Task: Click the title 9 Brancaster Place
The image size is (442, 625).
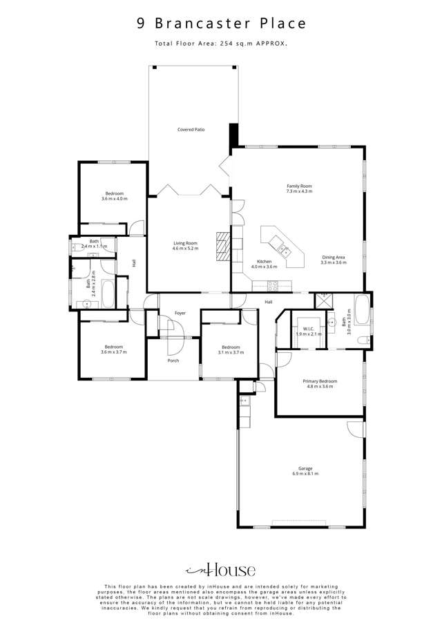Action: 221,23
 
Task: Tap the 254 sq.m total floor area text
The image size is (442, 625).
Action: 221,44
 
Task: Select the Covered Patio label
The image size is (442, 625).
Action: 191,129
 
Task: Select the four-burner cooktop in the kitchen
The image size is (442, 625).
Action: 271,284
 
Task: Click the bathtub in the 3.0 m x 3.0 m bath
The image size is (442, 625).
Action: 362,312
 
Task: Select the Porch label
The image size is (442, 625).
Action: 173,360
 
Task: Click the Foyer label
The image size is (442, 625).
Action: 180,313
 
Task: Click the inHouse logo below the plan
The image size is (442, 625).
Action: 221,570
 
